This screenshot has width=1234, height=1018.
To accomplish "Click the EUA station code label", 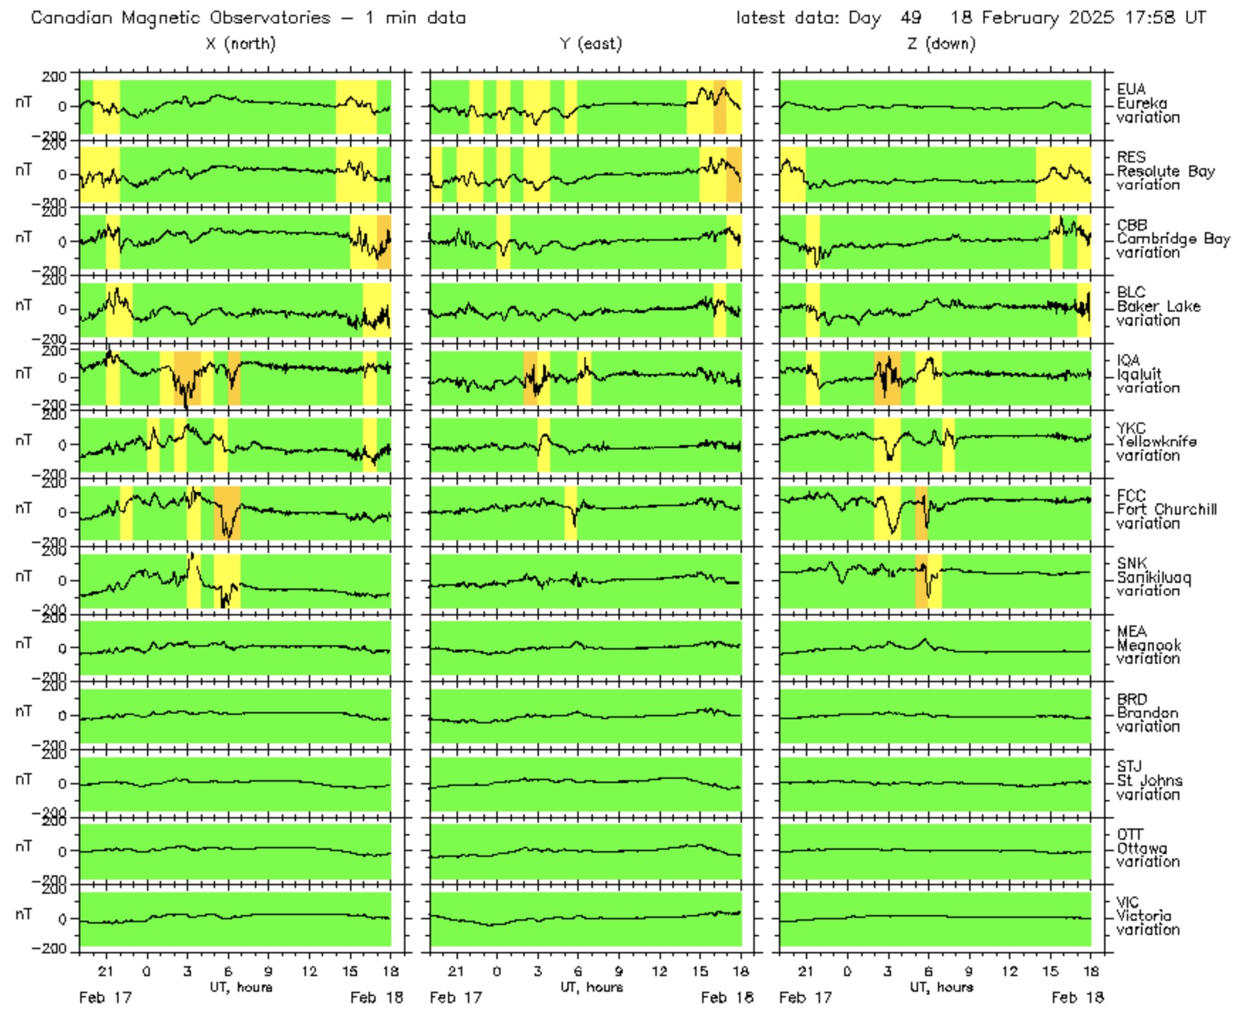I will point(1130,89).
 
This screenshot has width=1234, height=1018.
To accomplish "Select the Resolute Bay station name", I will point(1165,171).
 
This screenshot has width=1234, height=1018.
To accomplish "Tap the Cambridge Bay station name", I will point(1173,239).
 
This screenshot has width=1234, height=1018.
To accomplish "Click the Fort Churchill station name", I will point(1167,509).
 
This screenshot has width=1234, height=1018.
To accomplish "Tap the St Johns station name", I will point(1150,780).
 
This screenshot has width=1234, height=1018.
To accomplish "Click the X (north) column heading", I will point(241,44).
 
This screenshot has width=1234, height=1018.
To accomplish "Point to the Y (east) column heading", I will point(591,44).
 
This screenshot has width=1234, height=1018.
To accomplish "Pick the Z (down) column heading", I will point(941,44).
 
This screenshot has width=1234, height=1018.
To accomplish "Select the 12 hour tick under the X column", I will point(310,971).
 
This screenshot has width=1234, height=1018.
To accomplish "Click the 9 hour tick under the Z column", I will point(968,971).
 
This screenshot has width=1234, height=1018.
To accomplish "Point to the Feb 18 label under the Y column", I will point(727,997).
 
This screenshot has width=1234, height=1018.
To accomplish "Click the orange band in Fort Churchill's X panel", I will point(227,513).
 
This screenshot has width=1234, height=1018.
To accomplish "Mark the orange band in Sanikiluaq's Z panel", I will point(922,581).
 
